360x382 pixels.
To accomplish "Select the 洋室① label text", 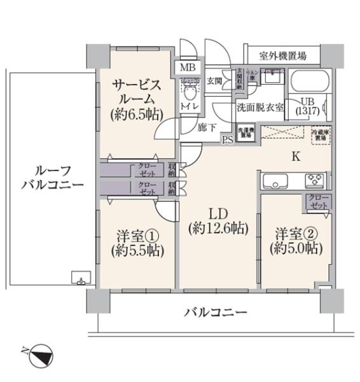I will click(135, 241).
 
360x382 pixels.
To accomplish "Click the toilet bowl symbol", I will click(189, 87).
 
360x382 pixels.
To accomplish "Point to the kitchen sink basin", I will click(274, 181).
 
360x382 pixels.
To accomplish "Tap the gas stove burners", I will click(314, 181).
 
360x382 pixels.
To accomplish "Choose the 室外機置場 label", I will click(282, 56).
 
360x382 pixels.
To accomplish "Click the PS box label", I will click(227, 140).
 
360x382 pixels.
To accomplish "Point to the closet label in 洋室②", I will click(315, 202).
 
